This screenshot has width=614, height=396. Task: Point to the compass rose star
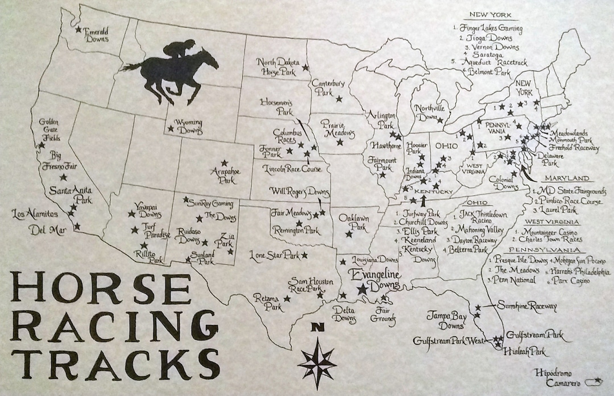[317, 357]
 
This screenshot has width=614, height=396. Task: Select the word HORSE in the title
[101, 289]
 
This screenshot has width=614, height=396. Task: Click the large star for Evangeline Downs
[362, 289]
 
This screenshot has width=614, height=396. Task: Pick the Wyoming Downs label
[184, 126]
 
